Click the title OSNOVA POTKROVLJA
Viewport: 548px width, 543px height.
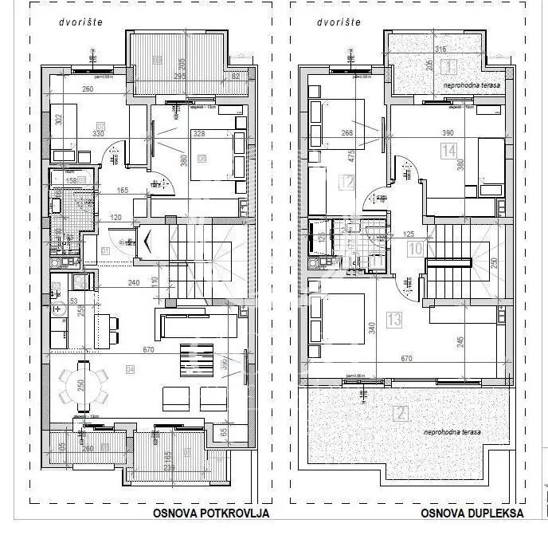(211, 513)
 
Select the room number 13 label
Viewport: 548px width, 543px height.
(393, 320)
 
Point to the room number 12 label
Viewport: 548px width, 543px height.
(346, 183)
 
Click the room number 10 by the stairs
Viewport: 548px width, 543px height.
(415, 248)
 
